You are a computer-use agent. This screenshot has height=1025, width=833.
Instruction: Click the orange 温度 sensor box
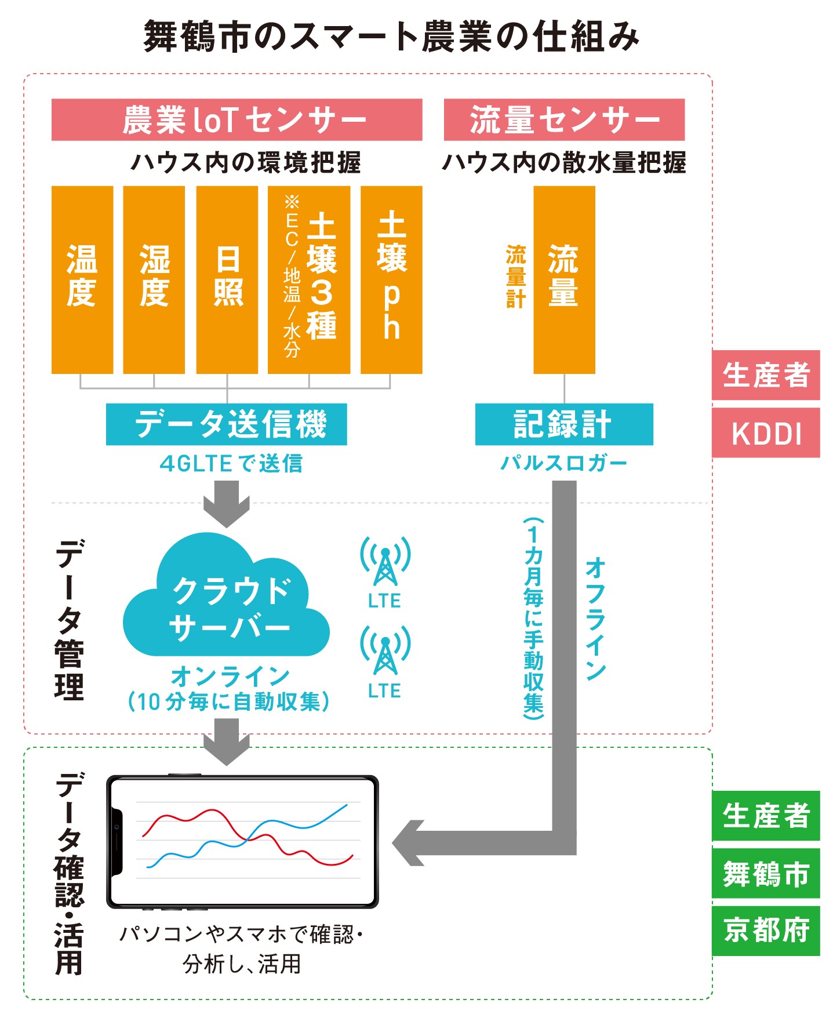click(x=82, y=279)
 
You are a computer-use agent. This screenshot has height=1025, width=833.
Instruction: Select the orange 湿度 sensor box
click(x=154, y=279)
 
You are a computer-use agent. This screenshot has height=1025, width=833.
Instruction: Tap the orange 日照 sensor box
click(x=227, y=279)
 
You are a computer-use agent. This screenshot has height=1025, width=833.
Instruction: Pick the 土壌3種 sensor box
click(x=308, y=279)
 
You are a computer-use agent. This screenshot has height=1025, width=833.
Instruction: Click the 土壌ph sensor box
click(x=391, y=279)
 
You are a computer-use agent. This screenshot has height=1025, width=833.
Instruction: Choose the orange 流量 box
click(x=563, y=279)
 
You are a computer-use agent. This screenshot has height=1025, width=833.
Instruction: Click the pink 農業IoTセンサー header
click(x=237, y=119)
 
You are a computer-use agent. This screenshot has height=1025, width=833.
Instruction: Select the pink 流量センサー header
click(x=563, y=119)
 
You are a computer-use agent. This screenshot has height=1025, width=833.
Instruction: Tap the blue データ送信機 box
click(x=226, y=424)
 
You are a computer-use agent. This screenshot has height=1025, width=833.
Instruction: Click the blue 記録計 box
click(x=563, y=424)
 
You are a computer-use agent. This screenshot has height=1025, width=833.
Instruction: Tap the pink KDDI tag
click(x=765, y=432)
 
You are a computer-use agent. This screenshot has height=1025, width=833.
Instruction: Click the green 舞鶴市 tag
click(x=765, y=873)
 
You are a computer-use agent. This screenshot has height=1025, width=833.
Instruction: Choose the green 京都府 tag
click(x=765, y=930)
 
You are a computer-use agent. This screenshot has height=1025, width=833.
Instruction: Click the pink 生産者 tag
click(x=765, y=375)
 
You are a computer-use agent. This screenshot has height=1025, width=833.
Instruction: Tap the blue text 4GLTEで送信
click(x=231, y=463)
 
